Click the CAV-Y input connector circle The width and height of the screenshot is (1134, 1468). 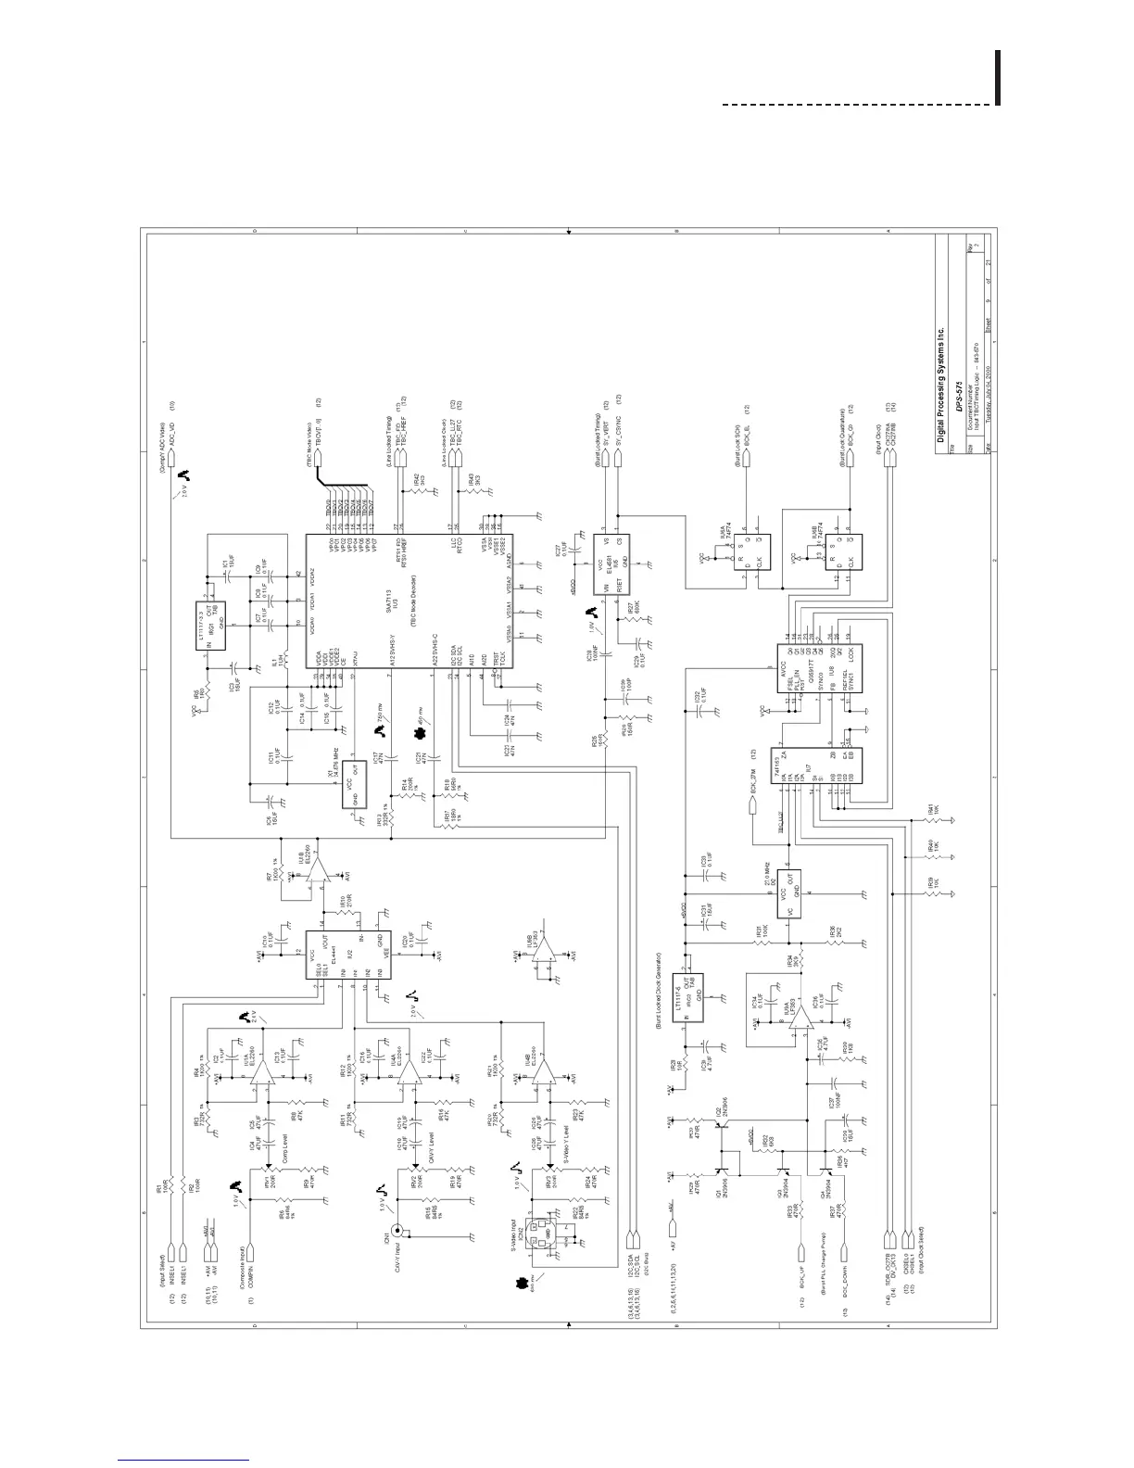400,1233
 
